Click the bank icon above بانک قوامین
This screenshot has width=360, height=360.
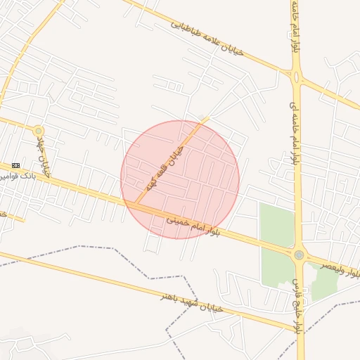[x=16, y=165]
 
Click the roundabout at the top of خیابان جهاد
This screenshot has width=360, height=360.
[x=38, y=131]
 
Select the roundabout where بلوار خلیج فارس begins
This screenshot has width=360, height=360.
[x=300, y=255]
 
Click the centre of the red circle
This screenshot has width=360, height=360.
[x=180, y=179]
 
